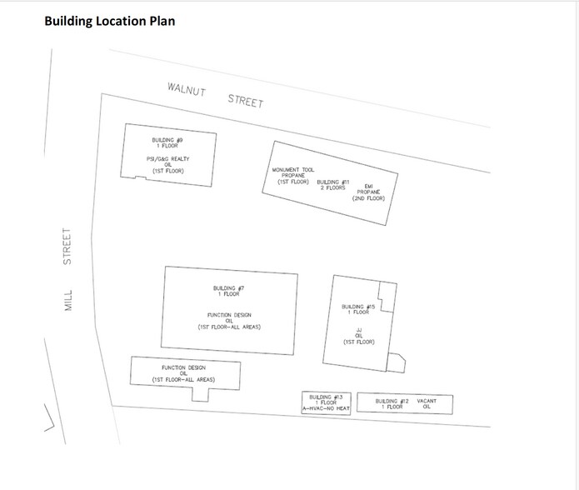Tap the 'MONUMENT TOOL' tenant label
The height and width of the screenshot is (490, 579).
point(293,170)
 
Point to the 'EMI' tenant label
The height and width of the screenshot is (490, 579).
point(369,186)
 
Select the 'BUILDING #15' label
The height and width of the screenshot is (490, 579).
point(359,307)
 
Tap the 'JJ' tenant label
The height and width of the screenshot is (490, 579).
point(358,330)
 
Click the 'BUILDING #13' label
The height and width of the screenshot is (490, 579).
point(327,396)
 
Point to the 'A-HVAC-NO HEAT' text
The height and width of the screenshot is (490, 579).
point(327,408)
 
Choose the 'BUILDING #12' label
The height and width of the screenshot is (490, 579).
point(392,401)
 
